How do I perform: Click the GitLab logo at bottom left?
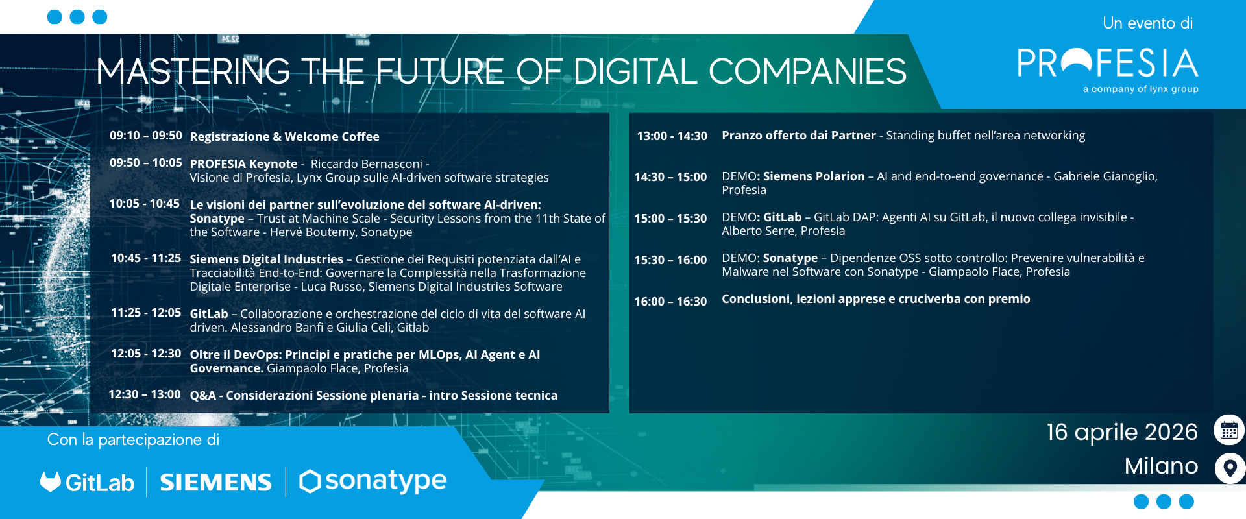(x=87, y=482)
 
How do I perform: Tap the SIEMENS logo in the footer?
(x=215, y=482)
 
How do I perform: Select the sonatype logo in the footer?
(x=373, y=481)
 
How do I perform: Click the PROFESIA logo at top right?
(x=1107, y=69)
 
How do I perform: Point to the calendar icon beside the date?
(x=1229, y=430)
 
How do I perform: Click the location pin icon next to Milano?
(x=1230, y=468)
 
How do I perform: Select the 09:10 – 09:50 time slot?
(x=145, y=136)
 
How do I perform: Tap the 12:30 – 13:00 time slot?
(x=145, y=394)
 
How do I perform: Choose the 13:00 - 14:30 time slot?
(x=672, y=136)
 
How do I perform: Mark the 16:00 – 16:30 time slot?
(x=670, y=302)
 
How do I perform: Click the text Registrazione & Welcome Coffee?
(x=284, y=137)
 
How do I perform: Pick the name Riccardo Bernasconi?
(x=367, y=164)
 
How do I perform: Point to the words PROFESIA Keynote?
(x=243, y=164)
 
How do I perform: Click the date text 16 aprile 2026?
(x=1122, y=432)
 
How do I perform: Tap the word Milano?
(x=1162, y=466)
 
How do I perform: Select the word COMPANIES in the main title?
(x=807, y=71)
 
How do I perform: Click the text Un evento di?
(x=1147, y=23)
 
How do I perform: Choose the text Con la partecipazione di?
(x=133, y=440)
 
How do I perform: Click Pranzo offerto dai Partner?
(x=799, y=136)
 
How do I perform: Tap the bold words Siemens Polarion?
(x=814, y=176)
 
